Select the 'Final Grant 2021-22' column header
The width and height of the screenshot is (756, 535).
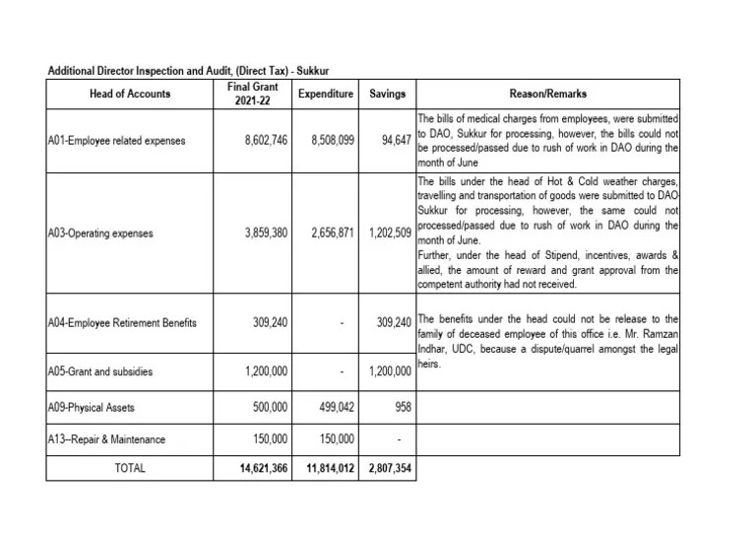(245, 95)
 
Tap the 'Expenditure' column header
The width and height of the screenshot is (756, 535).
(325, 95)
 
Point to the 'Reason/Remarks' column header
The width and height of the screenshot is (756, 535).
(548, 95)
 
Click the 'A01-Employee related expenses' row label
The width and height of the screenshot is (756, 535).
(115, 141)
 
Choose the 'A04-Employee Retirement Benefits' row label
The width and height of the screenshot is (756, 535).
(122, 322)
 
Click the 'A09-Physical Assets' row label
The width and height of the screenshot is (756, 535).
(92, 407)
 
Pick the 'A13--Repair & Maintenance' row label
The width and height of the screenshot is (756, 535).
(106, 439)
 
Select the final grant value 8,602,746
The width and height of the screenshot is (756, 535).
(265, 141)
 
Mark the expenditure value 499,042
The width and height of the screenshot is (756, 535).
(338, 407)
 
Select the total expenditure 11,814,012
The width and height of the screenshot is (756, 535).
(327, 469)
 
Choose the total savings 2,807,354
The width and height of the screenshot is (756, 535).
(388, 469)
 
